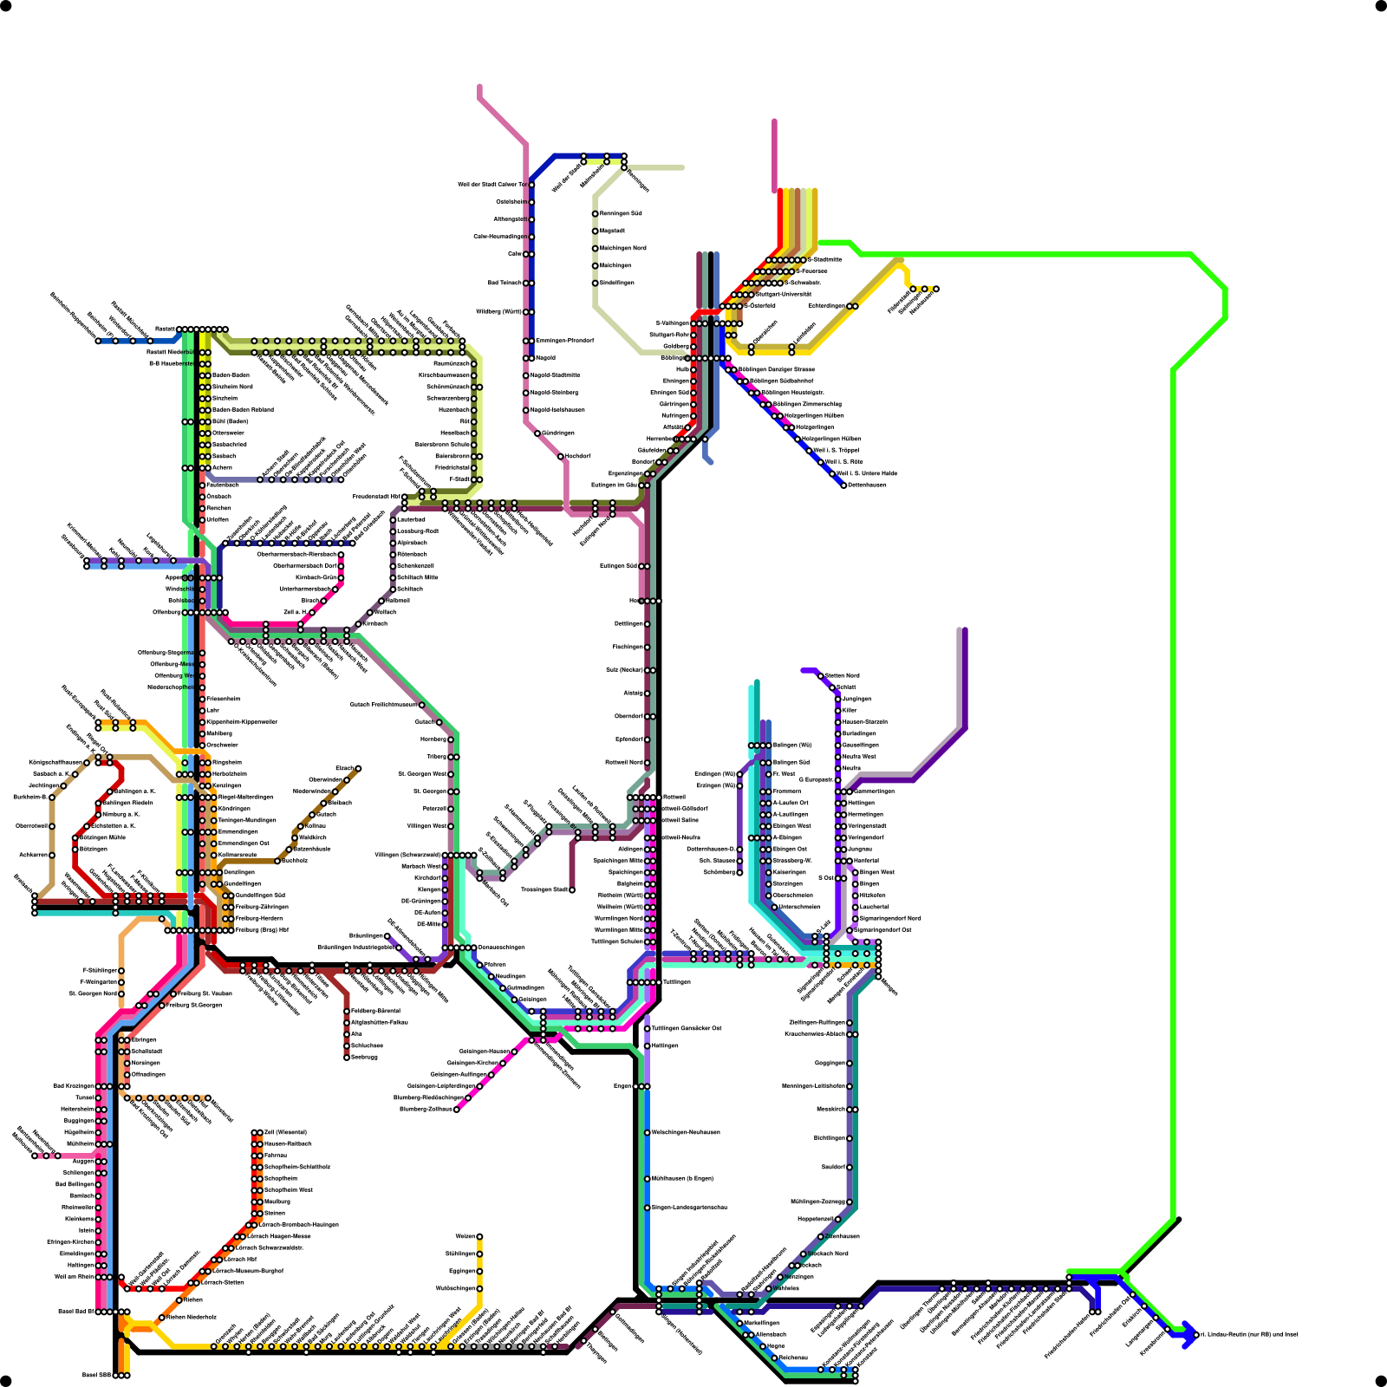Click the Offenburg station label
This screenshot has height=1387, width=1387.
click(166, 612)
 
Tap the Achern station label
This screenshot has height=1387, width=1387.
click(222, 467)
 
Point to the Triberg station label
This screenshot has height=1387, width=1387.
click(436, 757)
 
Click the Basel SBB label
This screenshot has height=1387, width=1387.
click(95, 1375)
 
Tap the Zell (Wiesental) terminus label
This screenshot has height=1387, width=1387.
click(285, 1132)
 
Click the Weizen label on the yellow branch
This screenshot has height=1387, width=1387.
click(465, 1236)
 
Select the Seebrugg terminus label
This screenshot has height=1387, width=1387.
click(364, 1057)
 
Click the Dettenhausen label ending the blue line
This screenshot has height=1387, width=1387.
click(866, 485)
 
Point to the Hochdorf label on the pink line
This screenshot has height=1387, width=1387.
click(577, 456)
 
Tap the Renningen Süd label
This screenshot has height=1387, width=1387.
click(621, 213)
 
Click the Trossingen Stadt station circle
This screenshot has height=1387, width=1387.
click(572, 889)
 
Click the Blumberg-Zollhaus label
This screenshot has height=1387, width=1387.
click(427, 1109)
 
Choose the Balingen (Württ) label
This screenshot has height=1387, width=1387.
click(791, 745)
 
